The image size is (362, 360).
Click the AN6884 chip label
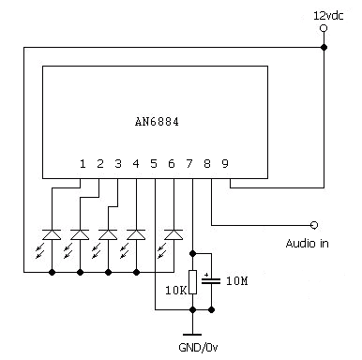[x=157, y=122]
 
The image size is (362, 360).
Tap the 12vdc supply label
[x=328, y=16]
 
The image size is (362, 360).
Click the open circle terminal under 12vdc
[x=324, y=28]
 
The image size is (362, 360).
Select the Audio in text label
[x=307, y=243]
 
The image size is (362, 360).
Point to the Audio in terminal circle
[x=314, y=225]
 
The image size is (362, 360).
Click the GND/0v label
[x=198, y=347]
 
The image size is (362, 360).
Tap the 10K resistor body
[x=193, y=282]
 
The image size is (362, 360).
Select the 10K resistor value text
[x=176, y=291]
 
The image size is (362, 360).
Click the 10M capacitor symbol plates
[x=211, y=280]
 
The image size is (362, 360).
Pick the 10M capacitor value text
[x=237, y=281]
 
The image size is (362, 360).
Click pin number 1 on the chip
[x=83, y=163]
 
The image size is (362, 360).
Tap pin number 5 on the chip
[x=154, y=163]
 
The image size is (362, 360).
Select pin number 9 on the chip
[x=225, y=163]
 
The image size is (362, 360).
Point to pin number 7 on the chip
[x=189, y=163]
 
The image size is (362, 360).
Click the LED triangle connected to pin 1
[x=52, y=234]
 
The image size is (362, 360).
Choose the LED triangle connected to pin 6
[x=173, y=234]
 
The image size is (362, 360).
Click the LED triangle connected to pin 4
[x=136, y=234]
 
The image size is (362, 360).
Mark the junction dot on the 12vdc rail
[x=324, y=48]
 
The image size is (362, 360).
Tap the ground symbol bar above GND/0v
[x=192, y=335]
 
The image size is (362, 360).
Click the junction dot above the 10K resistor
[x=193, y=253]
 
